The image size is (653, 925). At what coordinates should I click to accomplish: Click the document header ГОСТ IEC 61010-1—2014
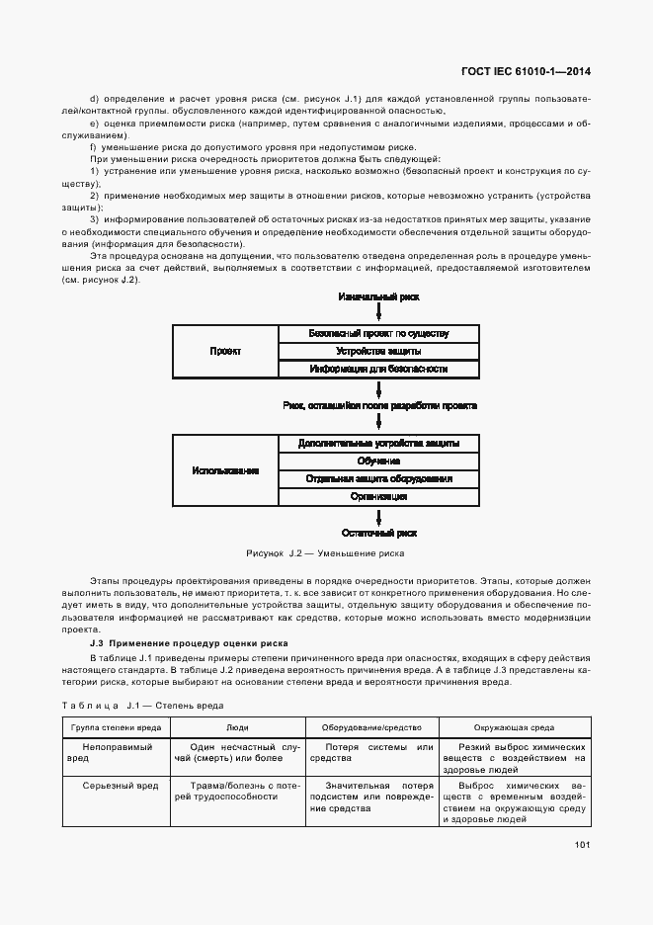point(532,71)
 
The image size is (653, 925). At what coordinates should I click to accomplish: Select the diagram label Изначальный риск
point(378,296)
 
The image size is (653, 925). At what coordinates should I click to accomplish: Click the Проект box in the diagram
point(225,351)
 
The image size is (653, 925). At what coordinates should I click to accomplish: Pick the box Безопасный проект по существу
point(378,333)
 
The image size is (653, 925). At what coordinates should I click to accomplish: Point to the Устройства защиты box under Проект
point(378,351)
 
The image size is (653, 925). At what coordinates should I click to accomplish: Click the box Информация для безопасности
point(378,369)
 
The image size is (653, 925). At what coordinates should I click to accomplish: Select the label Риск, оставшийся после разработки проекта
point(378,406)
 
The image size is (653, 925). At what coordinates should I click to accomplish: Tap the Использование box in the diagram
point(225,470)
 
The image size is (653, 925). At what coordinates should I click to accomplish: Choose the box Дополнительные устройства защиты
point(378,443)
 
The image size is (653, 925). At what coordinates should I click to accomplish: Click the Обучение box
point(378,461)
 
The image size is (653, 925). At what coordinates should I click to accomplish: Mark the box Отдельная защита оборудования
point(378,478)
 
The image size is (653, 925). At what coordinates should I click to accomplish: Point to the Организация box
point(378,496)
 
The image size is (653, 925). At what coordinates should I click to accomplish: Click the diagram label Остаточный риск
point(378,533)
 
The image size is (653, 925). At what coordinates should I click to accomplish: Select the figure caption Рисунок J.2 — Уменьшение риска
point(325,553)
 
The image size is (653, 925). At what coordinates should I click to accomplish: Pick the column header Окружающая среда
point(514,726)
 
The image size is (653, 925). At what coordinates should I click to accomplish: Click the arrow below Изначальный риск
point(378,313)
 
